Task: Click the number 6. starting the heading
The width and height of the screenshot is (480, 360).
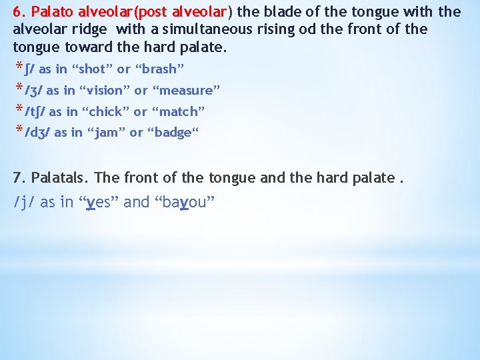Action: pyautogui.click(x=19, y=11)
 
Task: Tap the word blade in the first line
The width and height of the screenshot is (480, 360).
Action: pyautogui.click(x=279, y=11)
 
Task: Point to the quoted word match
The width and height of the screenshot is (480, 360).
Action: pyautogui.click(x=179, y=111)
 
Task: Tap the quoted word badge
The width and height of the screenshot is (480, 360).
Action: pyautogui.click(x=175, y=133)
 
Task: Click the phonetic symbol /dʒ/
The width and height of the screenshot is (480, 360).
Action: pyautogui.click(x=37, y=133)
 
